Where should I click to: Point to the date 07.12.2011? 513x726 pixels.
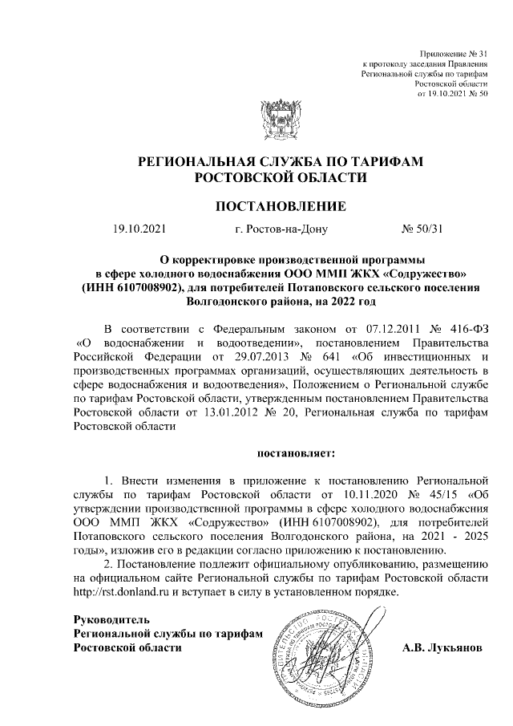370,330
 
